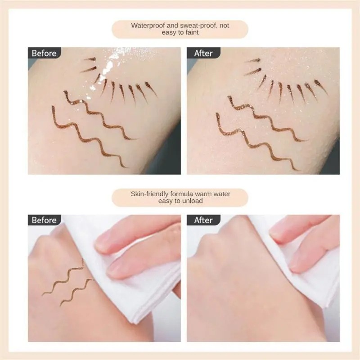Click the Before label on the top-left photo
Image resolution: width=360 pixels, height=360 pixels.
[44, 53]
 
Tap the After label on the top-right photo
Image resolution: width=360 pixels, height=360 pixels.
[203, 53]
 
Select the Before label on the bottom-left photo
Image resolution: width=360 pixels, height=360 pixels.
[44, 220]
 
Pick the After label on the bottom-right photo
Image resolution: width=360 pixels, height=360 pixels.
[203, 220]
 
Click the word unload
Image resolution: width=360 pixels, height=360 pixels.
[192, 201]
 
